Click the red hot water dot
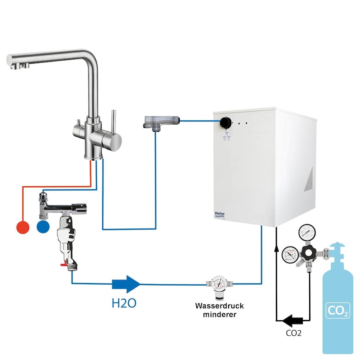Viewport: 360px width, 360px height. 23,227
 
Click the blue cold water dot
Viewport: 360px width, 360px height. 43,227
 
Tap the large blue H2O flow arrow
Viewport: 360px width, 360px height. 126,284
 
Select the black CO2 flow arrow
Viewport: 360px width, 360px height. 292,320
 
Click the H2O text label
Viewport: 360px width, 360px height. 124,303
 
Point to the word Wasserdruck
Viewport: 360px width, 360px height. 220,306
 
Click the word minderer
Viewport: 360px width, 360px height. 220,315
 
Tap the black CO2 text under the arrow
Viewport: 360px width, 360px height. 294,333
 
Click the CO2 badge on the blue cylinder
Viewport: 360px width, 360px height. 338,310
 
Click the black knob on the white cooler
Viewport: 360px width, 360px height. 225,123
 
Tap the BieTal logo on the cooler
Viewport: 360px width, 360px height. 220,214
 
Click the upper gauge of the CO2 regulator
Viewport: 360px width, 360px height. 307,232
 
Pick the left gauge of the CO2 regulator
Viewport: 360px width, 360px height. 290,255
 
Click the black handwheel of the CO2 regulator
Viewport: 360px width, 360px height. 309,252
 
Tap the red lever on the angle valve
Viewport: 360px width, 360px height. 64,265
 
